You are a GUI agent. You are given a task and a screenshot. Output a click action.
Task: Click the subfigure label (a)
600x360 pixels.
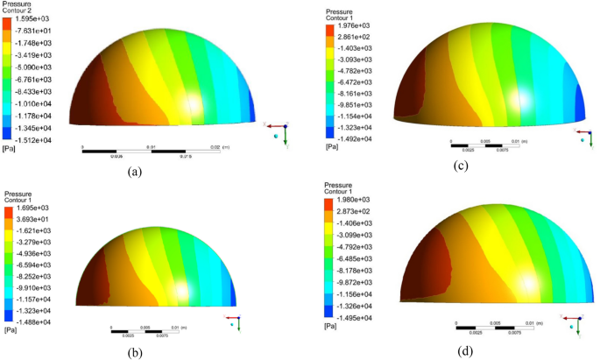135,172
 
